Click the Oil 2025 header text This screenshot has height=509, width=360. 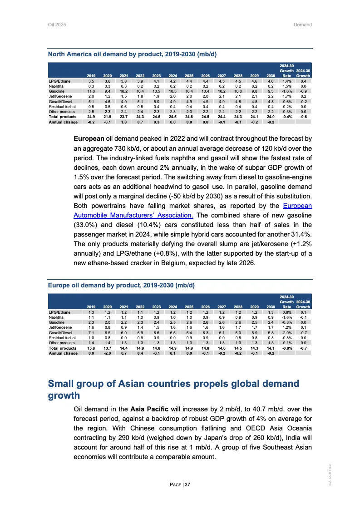(57, 24)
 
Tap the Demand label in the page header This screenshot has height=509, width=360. (302, 24)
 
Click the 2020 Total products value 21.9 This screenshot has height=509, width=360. (108, 116)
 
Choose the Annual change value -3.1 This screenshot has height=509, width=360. (108, 122)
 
